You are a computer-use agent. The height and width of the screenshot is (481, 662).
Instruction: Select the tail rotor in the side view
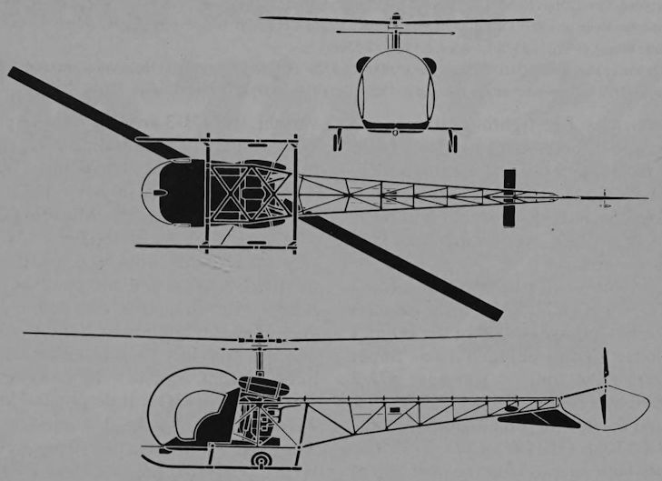(604, 386)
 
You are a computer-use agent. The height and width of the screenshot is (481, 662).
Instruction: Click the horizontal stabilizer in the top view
(509, 197)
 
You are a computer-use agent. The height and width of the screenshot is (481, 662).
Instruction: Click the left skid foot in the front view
(338, 142)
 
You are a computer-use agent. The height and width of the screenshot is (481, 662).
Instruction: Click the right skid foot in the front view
(453, 142)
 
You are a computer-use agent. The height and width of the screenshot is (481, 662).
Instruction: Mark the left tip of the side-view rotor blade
(27, 334)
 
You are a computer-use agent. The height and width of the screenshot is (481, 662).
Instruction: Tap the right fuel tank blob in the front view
(430, 65)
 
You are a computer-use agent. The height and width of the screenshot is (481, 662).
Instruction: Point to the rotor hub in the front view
(395, 19)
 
